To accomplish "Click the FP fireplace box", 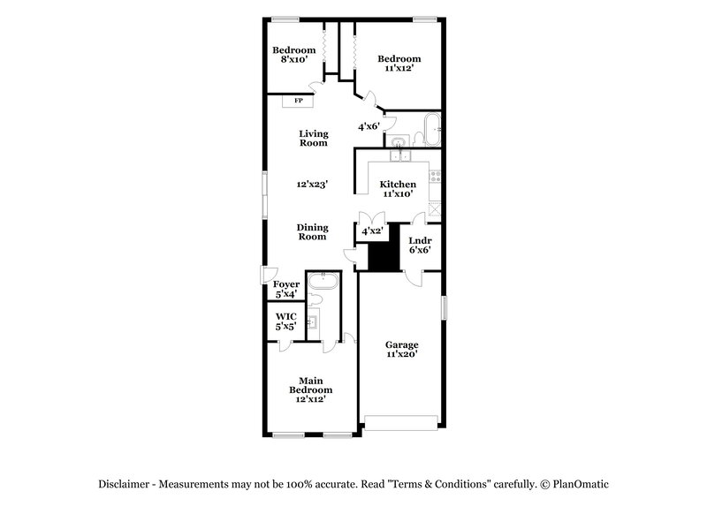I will point(299,101).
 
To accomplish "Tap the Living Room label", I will point(313,138).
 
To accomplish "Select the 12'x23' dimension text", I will point(313,185).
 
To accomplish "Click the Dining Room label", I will point(311,231).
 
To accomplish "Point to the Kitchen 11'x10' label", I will point(398,189).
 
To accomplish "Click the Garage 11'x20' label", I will point(401,349).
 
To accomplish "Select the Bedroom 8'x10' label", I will point(294,54).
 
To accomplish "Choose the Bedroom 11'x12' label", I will point(399,64).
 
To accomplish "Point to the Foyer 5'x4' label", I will point(285,289).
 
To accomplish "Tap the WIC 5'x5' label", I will point(285,321).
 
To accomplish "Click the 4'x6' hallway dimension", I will point(369,127).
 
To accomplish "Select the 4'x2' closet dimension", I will point(372,231).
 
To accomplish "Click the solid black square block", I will point(381,255).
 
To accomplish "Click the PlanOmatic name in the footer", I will point(580,485).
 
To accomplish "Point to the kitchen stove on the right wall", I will point(435,177).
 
